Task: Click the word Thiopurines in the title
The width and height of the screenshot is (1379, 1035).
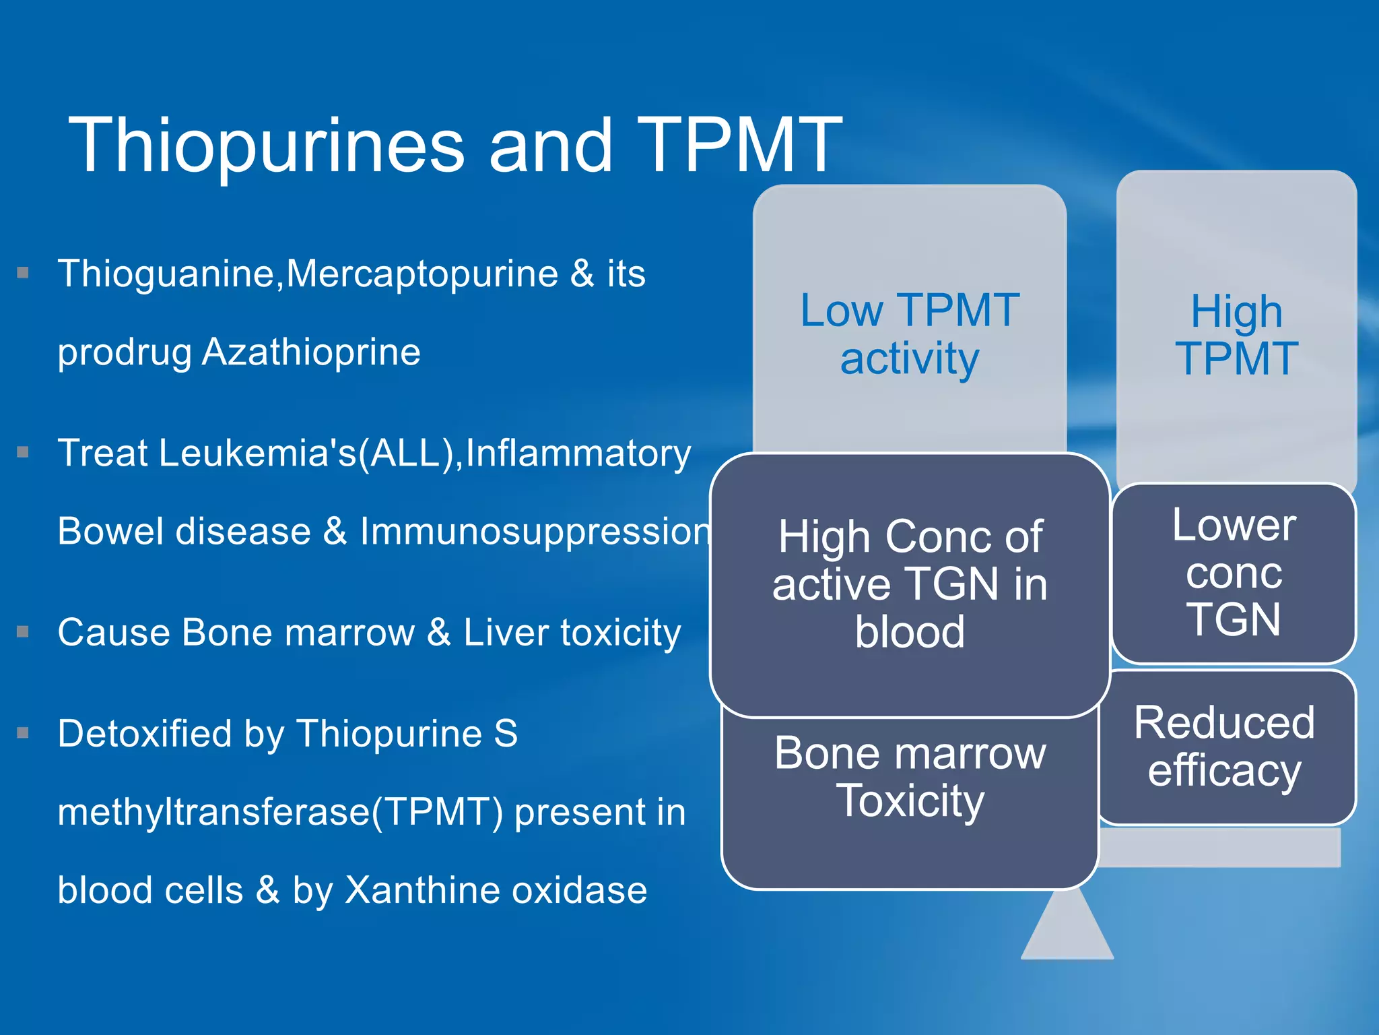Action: (x=267, y=146)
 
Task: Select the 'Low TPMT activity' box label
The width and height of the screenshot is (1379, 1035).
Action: (x=909, y=334)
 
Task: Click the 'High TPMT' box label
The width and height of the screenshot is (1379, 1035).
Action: (x=1236, y=335)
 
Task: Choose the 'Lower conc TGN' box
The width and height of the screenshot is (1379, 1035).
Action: (x=1234, y=572)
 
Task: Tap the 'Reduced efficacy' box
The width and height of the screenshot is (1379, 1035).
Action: (x=1224, y=746)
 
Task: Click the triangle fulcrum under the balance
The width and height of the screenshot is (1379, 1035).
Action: (x=1067, y=930)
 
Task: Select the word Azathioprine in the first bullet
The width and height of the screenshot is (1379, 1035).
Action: (x=311, y=352)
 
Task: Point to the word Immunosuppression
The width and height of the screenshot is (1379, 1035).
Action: (x=535, y=531)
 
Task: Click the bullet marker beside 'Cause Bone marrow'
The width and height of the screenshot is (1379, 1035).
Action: (x=24, y=632)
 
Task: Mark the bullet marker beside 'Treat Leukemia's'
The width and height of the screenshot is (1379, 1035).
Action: (x=24, y=452)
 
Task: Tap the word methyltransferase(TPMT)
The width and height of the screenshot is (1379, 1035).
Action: (x=280, y=811)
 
